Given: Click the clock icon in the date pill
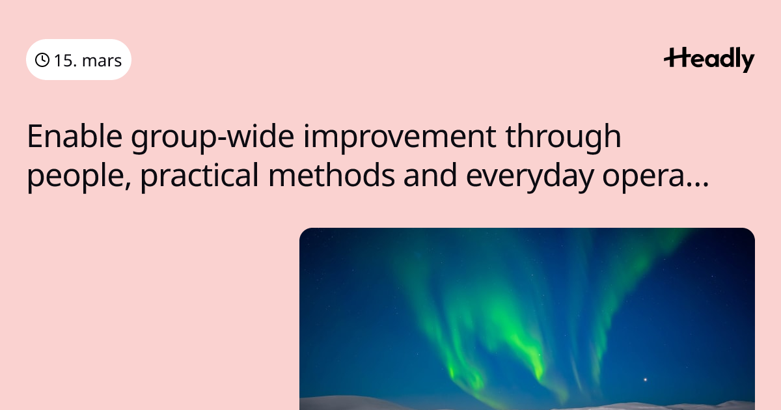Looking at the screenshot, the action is pyautogui.click(x=42, y=60).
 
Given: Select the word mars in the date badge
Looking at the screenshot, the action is pyautogui.click(x=102, y=61).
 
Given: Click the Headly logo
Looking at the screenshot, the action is pyautogui.click(x=709, y=60).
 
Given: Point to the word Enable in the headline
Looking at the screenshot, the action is pyautogui.click(x=75, y=136).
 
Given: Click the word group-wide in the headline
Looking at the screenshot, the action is pyautogui.click(x=212, y=138).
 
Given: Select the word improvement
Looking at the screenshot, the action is pyautogui.click(x=400, y=138).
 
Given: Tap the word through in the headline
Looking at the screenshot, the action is pyautogui.click(x=563, y=138).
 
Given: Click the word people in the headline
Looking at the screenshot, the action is pyautogui.click(x=76, y=176).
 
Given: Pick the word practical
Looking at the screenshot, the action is pyautogui.click(x=199, y=176).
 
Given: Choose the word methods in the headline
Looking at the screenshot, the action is pyautogui.click(x=331, y=174).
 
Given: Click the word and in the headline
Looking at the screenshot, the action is pyautogui.click(x=430, y=174).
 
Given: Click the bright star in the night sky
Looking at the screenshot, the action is pyautogui.click(x=645, y=379).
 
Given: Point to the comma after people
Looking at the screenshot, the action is pyautogui.click(x=128, y=186).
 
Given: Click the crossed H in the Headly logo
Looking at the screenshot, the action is pyautogui.click(x=676, y=57).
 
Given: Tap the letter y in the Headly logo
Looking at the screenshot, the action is pyautogui.click(x=747, y=62).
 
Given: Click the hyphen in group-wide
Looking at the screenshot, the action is pyautogui.click(x=222, y=139).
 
